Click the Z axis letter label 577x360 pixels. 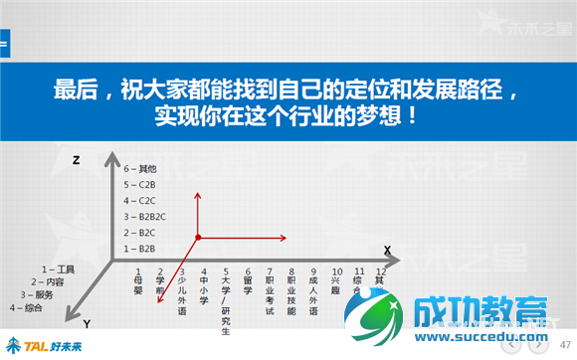[76, 159]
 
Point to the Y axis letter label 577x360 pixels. [87, 324]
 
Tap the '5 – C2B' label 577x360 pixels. [138, 185]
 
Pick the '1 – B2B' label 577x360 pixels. [138, 248]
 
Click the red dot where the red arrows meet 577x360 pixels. [199, 238]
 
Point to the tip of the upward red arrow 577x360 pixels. [199, 191]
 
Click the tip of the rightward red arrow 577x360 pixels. [287, 238]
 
